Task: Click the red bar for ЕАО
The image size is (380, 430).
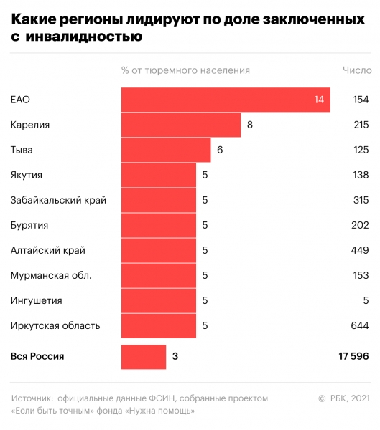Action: point(226,100)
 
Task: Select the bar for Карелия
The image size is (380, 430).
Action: point(181,125)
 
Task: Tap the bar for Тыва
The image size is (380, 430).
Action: point(166,150)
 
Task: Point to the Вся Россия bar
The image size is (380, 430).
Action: point(144,356)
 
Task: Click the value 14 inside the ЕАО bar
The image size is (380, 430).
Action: point(319,100)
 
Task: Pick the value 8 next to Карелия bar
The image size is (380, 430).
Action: point(249,125)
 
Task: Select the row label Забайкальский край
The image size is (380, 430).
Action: point(58,200)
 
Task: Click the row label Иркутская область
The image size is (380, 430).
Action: point(55,326)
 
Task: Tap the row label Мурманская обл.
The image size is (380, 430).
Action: point(50,275)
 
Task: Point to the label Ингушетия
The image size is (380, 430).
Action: point(36,300)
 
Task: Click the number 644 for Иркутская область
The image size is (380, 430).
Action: point(360,326)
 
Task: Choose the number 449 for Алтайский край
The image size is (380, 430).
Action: point(360,250)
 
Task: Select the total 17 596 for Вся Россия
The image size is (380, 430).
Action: point(350,356)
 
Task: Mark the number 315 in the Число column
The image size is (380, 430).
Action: point(360,200)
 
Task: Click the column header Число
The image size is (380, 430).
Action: point(357,70)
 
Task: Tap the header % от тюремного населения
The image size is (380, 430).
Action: point(185,70)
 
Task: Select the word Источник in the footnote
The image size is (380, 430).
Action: point(32,398)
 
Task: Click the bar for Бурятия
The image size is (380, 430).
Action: point(159,225)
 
